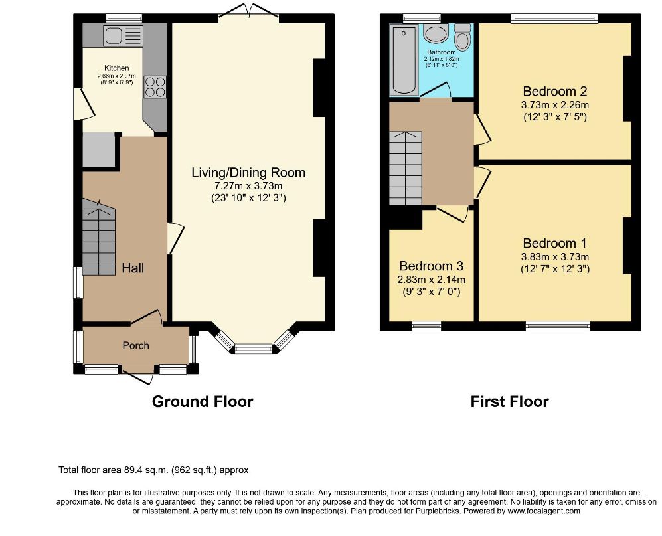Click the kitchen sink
click(124, 35)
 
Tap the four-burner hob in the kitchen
click(155, 87)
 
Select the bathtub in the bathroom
click(404, 60)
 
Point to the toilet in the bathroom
click(463, 37)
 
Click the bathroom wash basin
click(436, 34)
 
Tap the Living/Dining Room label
click(248, 173)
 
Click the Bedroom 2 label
click(554, 91)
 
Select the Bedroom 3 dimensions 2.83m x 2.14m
click(432, 280)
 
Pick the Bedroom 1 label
click(554, 243)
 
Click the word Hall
click(133, 268)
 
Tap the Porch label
click(136, 345)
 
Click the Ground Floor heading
click(203, 401)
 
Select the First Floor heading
click(509, 401)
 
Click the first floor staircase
click(405, 168)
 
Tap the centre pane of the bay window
click(254, 349)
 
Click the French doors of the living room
click(249, 10)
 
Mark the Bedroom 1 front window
click(558, 325)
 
